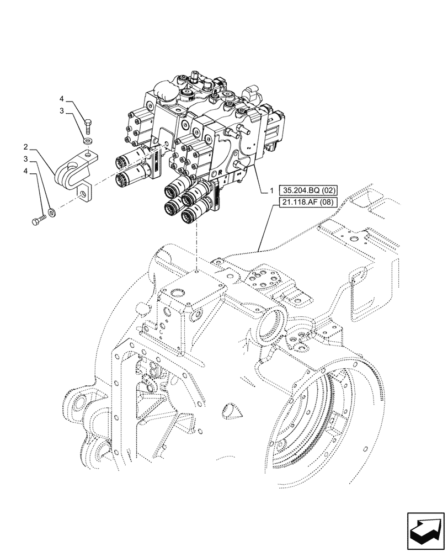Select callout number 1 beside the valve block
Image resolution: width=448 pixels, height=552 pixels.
(x=271, y=190)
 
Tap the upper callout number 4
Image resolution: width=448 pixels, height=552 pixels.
(x=62, y=99)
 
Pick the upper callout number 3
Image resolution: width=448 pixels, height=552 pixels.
(x=62, y=111)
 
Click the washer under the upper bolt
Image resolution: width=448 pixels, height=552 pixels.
(x=87, y=142)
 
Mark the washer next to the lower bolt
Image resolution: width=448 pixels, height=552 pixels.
(x=52, y=210)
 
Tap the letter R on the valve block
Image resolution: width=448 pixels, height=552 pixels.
(x=220, y=172)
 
